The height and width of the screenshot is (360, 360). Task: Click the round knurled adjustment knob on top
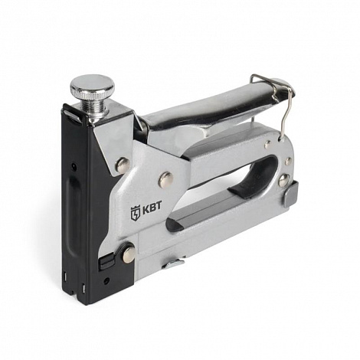93,86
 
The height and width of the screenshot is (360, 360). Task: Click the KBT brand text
152,207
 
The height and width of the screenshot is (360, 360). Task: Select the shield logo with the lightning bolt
135,213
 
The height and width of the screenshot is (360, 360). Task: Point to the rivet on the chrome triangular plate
123,165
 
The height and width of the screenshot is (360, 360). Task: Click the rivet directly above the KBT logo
165,179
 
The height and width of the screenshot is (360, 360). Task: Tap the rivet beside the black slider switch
129,253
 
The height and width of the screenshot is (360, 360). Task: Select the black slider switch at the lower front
105,262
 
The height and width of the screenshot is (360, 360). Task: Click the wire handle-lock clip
275,100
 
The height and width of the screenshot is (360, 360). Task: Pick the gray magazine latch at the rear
291,193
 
